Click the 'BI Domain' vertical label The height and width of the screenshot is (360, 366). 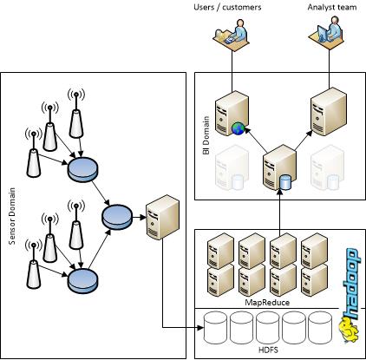click(x=206, y=134)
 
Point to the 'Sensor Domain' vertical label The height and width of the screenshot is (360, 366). click(x=11, y=213)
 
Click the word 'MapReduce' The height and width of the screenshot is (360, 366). click(x=266, y=301)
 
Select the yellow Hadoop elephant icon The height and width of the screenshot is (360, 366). click(x=347, y=333)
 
